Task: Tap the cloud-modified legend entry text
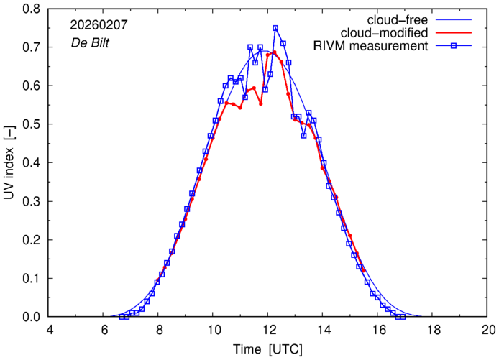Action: (391, 33)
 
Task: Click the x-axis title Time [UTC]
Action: (267, 350)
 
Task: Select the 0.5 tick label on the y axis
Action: (30, 124)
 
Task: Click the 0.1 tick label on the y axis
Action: (30, 278)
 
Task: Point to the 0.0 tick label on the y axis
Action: (30, 317)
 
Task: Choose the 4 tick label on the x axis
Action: (49, 331)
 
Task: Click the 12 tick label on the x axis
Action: (268, 331)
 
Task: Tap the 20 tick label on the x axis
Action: (488, 331)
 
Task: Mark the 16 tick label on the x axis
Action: (378, 331)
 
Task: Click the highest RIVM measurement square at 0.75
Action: (275, 29)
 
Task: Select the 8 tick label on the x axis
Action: (159, 331)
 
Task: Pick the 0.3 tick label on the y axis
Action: (30, 201)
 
